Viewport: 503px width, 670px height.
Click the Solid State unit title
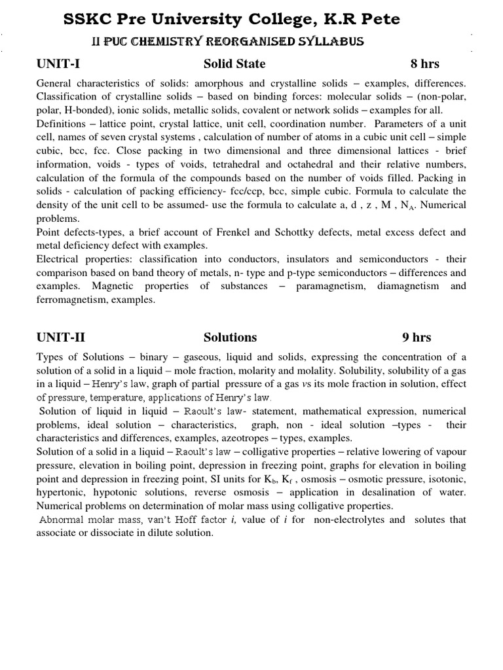pos(234,63)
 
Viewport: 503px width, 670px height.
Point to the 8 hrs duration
pos(424,63)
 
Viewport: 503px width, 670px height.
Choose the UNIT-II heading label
pos(60,338)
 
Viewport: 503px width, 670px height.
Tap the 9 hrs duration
pos(417,338)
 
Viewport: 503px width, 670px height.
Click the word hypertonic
pos(60,491)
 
